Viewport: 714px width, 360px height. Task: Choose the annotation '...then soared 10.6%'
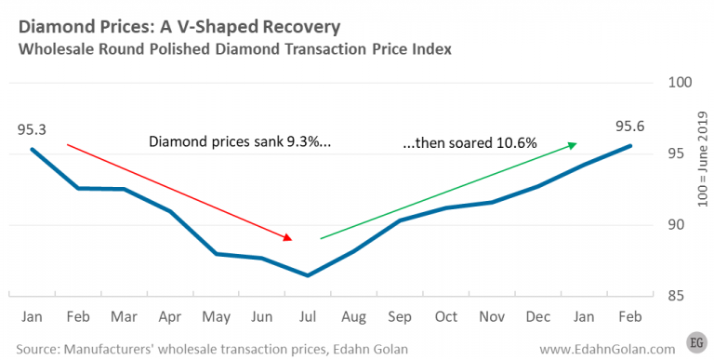point(469,143)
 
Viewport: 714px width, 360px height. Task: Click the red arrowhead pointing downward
point(290,237)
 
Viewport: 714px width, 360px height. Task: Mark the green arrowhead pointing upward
point(572,144)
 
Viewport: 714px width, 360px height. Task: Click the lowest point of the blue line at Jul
point(308,275)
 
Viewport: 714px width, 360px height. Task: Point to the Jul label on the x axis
point(308,317)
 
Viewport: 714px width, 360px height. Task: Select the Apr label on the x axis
point(169,317)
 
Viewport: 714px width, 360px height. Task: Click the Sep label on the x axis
point(400,317)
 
